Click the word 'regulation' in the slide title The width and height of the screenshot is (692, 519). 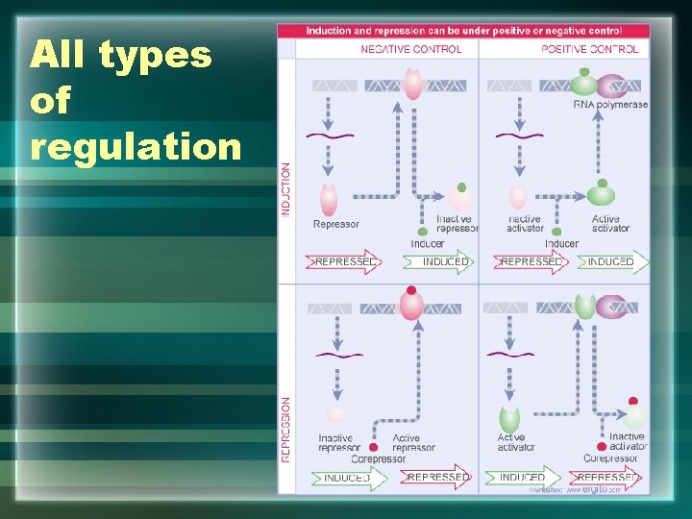coord(136,146)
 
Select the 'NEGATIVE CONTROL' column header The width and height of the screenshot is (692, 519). coord(410,49)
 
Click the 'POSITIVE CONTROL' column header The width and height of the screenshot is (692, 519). coord(589,49)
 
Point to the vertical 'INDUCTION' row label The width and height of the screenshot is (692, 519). coord(285,189)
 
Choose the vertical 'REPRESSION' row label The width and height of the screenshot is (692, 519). coord(285,430)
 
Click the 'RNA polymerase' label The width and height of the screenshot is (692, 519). coord(609,105)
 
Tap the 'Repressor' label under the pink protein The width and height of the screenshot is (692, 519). coord(335,225)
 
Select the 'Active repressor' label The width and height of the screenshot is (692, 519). coord(413,443)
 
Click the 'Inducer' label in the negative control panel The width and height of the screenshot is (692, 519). coord(427,244)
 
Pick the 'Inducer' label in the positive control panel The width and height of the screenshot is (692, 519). coord(561,244)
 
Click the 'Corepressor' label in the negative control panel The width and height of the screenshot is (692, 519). coord(378,459)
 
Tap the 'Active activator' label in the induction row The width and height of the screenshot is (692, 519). coord(610,224)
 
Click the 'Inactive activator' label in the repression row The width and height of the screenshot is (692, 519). coord(627,441)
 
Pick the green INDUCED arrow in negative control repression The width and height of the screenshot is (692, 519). coord(349,478)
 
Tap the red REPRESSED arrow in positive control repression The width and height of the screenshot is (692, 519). coord(606,478)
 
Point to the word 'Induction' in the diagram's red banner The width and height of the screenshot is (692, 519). coord(329,31)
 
